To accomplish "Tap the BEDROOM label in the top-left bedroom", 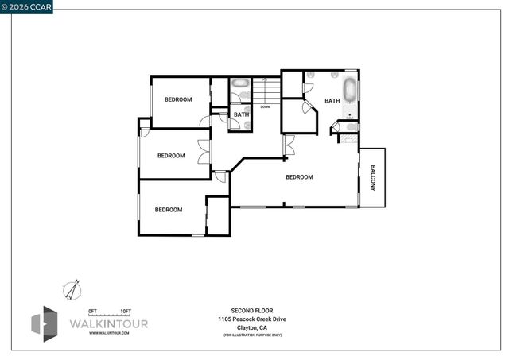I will coord(178,99).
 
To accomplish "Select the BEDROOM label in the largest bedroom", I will coord(299,177).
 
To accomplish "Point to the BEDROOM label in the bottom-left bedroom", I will coord(168,210).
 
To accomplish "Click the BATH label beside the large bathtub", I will coord(332,101).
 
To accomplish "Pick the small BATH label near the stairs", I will coord(241,114).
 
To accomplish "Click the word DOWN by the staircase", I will coord(265,106).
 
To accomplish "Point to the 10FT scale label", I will coord(125,310).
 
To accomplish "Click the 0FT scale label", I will coord(92,310).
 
